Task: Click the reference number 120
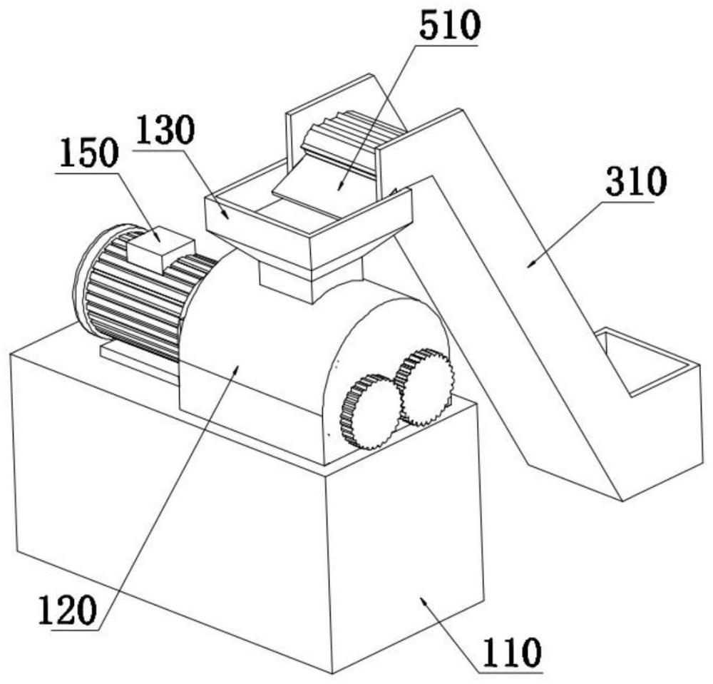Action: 66,612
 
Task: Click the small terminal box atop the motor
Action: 159,247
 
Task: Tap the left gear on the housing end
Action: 369,412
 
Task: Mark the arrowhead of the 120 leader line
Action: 238,365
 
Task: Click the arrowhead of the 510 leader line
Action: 339,187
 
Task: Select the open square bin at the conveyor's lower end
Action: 645,371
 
